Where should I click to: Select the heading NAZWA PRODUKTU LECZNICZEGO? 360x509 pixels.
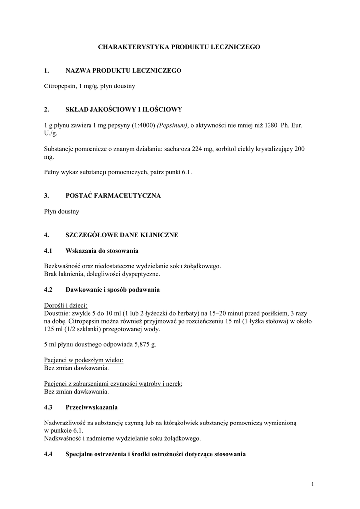pyautogui.click(x=123, y=71)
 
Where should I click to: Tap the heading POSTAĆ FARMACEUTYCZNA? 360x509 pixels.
pyautogui.click(x=113, y=196)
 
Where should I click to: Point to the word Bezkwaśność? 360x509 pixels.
pyautogui.click(x=61, y=266)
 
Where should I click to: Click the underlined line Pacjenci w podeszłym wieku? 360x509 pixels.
pyautogui.click(x=84, y=359)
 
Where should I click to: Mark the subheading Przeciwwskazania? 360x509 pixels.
pyautogui.click(x=91, y=407)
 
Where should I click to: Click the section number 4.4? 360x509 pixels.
pyautogui.click(x=48, y=454)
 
